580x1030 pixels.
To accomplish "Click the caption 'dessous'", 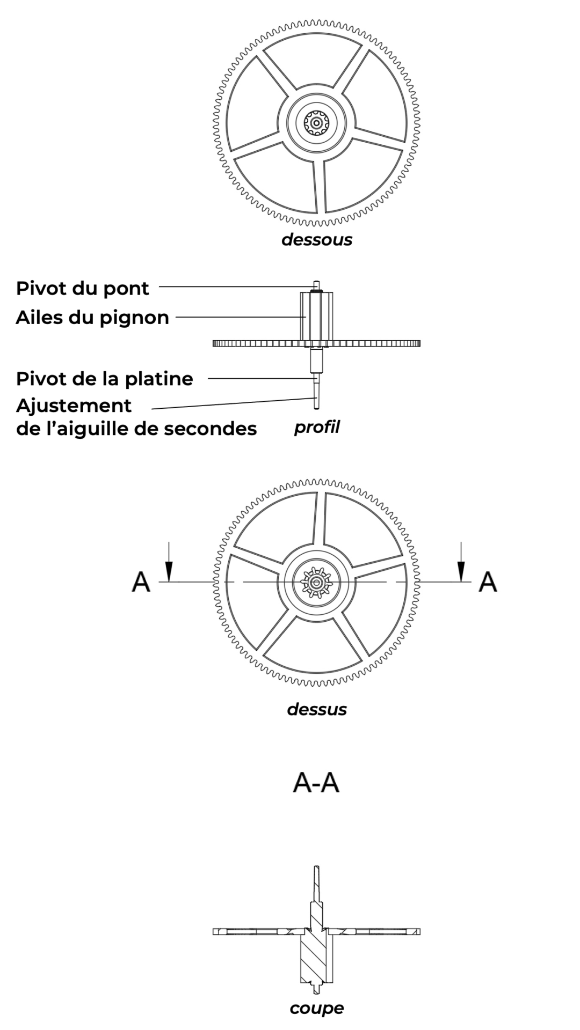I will pyautogui.click(x=317, y=239).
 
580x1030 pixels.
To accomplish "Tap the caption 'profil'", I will pyautogui.click(x=317, y=428).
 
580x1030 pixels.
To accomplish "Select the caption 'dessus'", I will pyautogui.click(x=317, y=709).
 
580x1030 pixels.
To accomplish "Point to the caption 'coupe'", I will pyautogui.click(x=317, y=1008).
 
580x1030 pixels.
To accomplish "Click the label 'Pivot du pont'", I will pyautogui.click(x=82, y=288).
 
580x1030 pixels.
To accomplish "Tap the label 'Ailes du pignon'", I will pyautogui.click(x=92, y=317).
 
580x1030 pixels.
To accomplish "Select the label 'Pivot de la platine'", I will pyautogui.click(x=104, y=379).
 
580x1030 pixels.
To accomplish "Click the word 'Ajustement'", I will pyautogui.click(x=74, y=406).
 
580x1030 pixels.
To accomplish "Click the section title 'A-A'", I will pyautogui.click(x=316, y=783).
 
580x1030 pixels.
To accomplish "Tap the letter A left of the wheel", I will pyautogui.click(x=141, y=582).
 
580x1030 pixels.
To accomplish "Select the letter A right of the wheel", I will pyautogui.click(x=488, y=582).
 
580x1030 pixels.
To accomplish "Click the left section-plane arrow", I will pyautogui.click(x=169, y=563).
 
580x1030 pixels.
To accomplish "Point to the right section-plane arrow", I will pyautogui.click(x=461, y=563).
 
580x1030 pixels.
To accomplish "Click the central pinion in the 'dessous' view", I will pyautogui.click(x=316, y=123).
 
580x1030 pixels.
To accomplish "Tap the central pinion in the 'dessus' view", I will pyautogui.click(x=317, y=583).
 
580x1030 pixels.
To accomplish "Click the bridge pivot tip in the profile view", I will pyautogui.click(x=317, y=285).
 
